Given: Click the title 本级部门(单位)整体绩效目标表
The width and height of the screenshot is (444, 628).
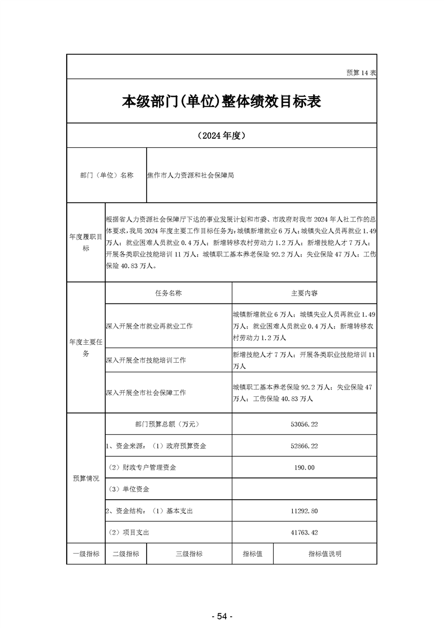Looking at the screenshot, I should click(x=222, y=101).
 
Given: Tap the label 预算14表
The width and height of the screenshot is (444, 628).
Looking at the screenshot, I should click(x=361, y=73).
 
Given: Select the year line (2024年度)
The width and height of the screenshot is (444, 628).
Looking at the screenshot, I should click(x=222, y=135).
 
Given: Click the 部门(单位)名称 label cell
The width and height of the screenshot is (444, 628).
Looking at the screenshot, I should click(x=107, y=175).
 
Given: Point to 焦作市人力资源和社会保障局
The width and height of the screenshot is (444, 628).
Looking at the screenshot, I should click(x=190, y=175).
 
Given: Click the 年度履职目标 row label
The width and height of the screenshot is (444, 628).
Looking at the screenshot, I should click(x=86, y=243).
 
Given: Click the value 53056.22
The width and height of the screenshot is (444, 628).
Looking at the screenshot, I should click(x=304, y=425).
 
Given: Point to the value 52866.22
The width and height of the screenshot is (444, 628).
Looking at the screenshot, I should click(x=304, y=446).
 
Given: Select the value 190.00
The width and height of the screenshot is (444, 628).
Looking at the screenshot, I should click(x=304, y=467).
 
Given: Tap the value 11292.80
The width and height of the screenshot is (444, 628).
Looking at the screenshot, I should click(x=304, y=511).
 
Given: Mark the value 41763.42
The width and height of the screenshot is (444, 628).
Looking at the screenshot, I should click(x=304, y=532).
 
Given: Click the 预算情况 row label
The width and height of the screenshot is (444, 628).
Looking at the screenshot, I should click(x=86, y=479).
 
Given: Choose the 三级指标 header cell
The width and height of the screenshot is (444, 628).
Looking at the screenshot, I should click(x=189, y=554).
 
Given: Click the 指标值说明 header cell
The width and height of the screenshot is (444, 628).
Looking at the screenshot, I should click(x=325, y=554).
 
